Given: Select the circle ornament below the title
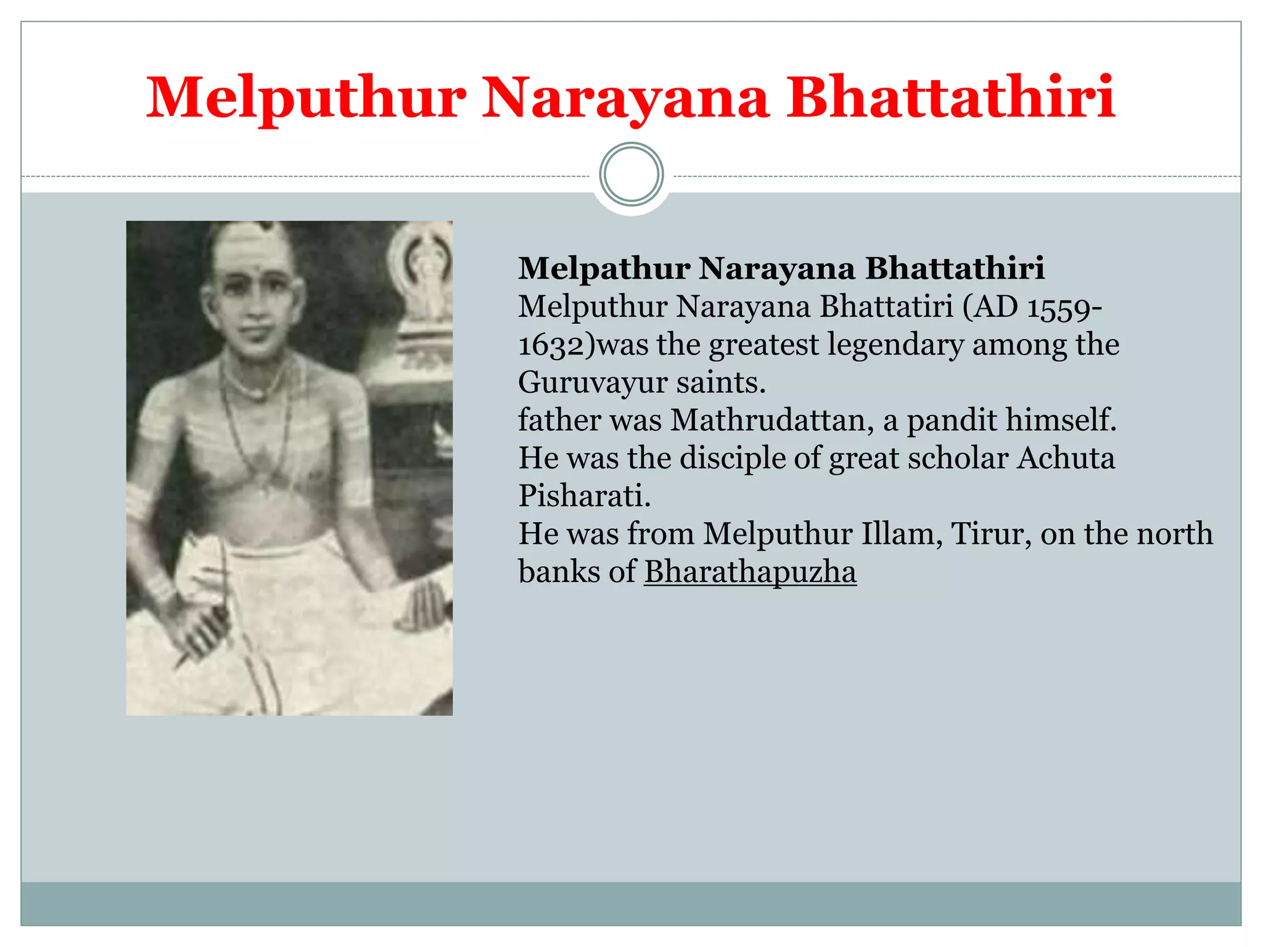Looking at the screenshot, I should [631, 174].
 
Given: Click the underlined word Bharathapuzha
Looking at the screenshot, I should [750, 572].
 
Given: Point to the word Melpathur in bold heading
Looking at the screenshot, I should [604, 269].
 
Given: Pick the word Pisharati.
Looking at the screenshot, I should [584, 496].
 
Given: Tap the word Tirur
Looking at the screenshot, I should [991, 534].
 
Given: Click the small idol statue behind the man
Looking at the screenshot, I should [426, 277].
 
